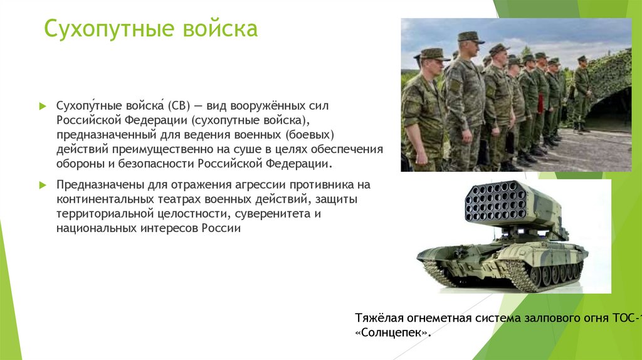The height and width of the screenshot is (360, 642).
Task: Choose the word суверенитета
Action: tap(271, 214)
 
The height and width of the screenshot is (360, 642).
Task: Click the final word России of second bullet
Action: tap(221, 228)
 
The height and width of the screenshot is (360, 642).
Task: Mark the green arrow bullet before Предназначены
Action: tap(42, 186)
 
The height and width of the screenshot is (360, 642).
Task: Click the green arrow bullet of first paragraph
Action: tap(42, 105)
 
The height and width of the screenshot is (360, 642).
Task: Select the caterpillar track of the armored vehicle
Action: tap(539, 276)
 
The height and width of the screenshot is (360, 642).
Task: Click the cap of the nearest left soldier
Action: tap(431, 55)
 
